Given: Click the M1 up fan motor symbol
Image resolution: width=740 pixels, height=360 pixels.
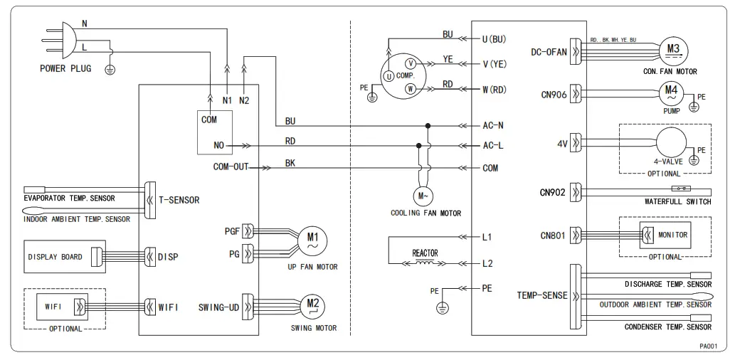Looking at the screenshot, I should pyautogui.click(x=312, y=239).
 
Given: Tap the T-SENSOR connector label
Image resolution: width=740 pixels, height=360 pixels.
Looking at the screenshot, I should pyautogui.click(x=179, y=201).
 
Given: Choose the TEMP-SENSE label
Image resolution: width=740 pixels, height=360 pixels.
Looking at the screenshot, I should pyautogui.click(x=542, y=296).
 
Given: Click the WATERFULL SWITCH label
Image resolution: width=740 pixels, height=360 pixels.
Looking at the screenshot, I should pyautogui.click(x=677, y=202).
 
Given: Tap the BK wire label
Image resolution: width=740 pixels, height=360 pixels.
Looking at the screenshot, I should pyautogui.click(x=290, y=163).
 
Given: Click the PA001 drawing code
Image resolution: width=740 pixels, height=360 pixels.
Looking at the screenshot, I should pyautogui.click(x=708, y=346).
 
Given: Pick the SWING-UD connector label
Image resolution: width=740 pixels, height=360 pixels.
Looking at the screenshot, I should pyautogui.click(x=218, y=307).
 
